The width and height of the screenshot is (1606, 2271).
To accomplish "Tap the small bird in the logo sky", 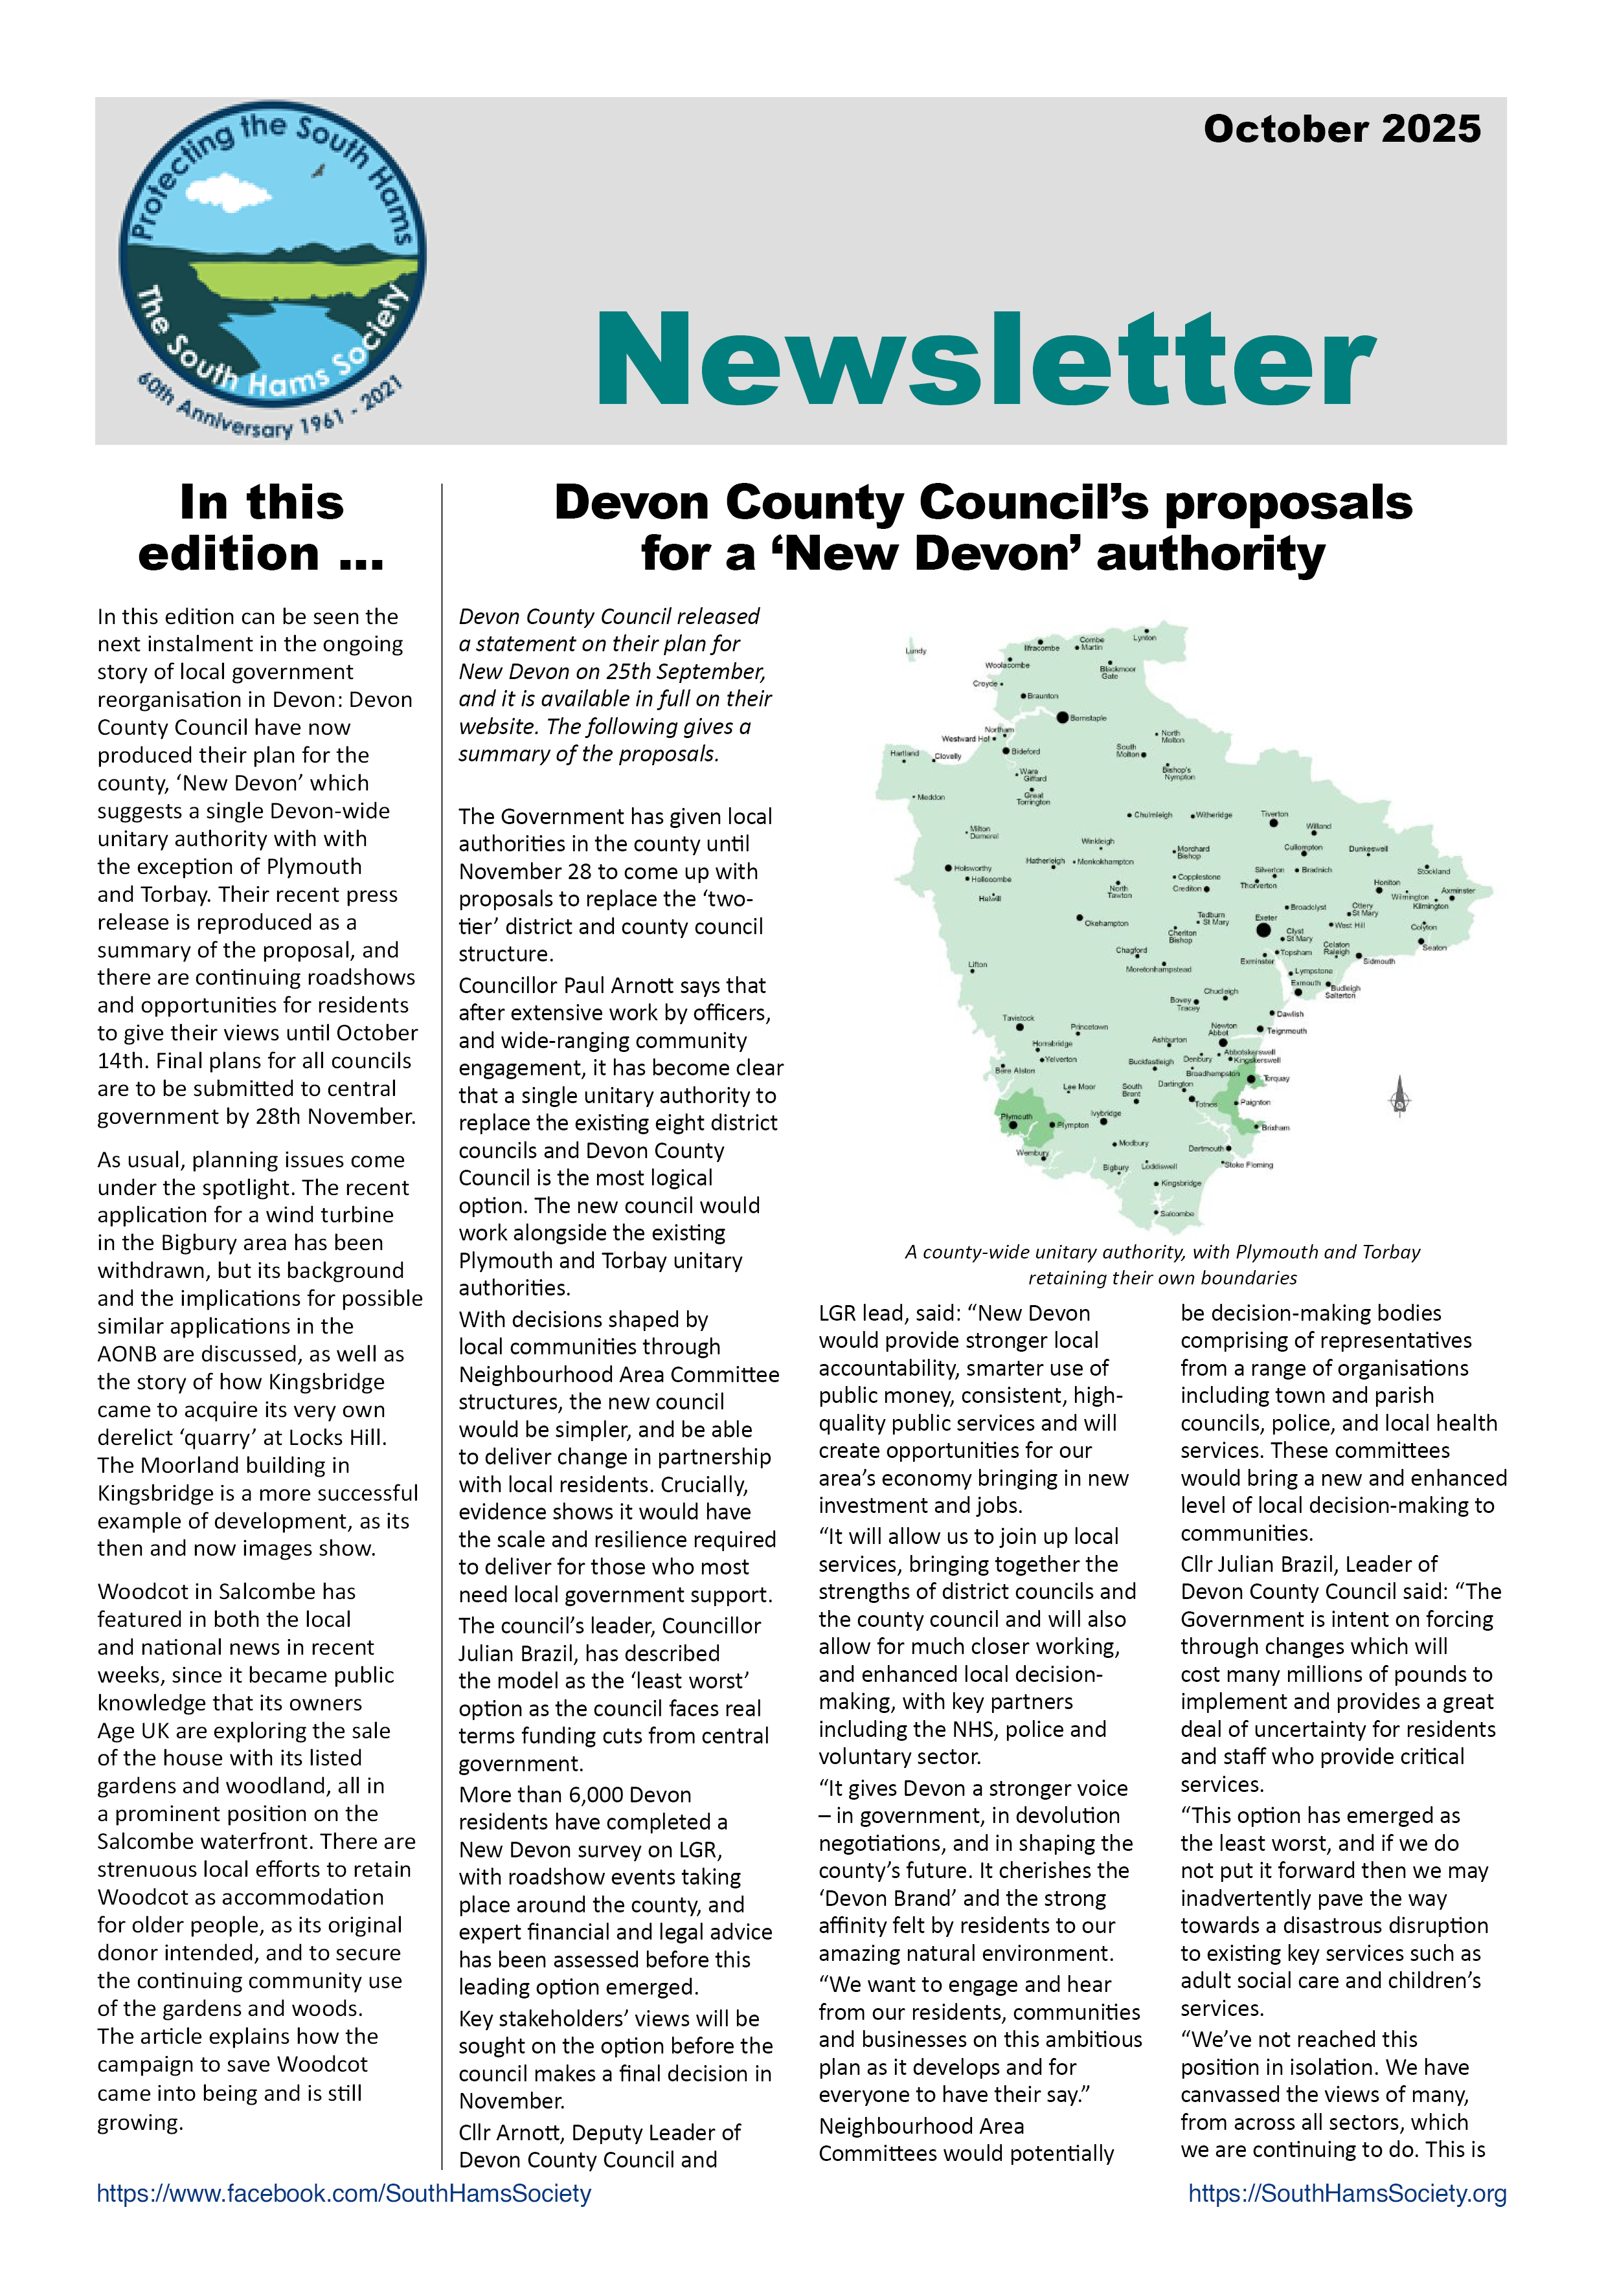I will click(x=319, y=171).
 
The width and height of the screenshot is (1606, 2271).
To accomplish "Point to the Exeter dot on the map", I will click(x=1263, y=930).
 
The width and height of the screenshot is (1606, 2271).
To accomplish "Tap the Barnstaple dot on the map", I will click(x=1062, y=717).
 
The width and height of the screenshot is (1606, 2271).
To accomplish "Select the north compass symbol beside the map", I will click(x=1399, y=1097).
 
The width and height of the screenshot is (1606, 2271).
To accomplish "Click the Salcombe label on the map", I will click(x=1177, y=1214).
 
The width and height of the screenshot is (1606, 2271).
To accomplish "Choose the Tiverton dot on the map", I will click(x=1274, y=823).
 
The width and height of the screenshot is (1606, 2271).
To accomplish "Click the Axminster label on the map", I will click(x=1458, y=890).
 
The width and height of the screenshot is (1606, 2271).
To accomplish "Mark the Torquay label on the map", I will click(x=1276, y=1078).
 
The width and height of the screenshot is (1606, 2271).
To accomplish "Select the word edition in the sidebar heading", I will click(x=229, y=554).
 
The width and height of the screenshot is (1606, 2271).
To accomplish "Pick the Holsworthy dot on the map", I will click(x=948, y=868).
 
